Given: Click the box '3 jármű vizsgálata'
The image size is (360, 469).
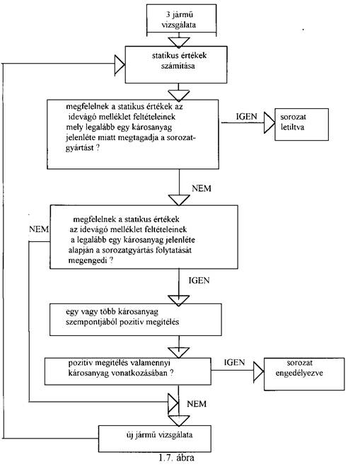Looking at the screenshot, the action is (x=182, y=18).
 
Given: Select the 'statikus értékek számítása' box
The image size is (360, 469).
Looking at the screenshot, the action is (x=176, y=64).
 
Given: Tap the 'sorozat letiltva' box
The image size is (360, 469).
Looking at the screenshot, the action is (x=301, y=124).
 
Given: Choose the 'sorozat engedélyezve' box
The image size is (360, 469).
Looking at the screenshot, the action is (x=304, y=374).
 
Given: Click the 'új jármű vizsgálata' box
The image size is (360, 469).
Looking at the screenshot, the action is (x=155, y=438).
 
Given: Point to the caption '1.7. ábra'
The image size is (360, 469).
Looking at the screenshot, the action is (x=176, y=458).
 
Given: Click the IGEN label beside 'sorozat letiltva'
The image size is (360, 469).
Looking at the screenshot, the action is (x=246, y=116).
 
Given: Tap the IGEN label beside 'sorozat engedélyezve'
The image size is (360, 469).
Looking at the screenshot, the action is (x=234, y=362).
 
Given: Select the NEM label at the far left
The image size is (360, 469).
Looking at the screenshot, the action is (x=39, y=229).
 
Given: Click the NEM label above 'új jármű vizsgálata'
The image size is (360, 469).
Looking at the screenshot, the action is (x=197, y=404).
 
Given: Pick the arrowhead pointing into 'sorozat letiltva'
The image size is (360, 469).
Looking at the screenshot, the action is (x=269, y=122).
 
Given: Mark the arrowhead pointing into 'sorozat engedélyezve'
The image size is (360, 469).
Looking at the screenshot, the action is (x=259, y=371).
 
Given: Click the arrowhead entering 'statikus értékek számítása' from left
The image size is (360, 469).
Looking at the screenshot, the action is (x=120, y=64).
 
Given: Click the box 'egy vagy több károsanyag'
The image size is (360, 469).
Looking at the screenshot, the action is (x=136, y=320).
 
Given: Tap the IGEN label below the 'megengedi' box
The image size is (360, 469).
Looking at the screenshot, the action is (x=199, y=280).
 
